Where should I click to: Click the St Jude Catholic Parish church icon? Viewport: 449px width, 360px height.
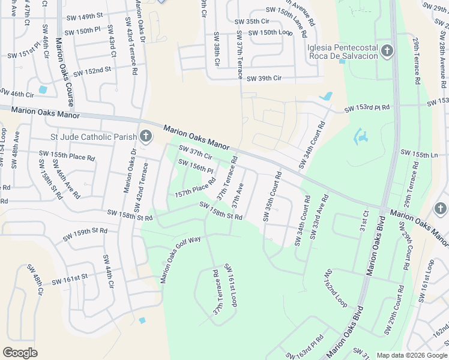pyautogui.click(x=146, y=137)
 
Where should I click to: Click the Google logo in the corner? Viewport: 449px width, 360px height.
pyautogui.click(x=20, y=353)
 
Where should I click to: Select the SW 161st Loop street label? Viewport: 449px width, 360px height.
pyautogui.click(x=231, y=285)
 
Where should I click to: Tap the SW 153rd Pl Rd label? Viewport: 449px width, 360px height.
pyautogui.click(x=367, y=109)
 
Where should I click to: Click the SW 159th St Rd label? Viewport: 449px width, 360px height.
pyautogui.click(x=83, y=231)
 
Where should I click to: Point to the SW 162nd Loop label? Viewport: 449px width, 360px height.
pyautogui.click(x=336, y=288)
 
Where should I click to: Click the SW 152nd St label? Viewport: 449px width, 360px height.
pyautogui.click(x=92, y=71)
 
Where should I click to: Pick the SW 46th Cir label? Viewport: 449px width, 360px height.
pyautogui.click(x=17, y=94)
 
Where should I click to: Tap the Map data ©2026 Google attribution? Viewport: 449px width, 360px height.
pyautogui.click(x=412, y=355)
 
